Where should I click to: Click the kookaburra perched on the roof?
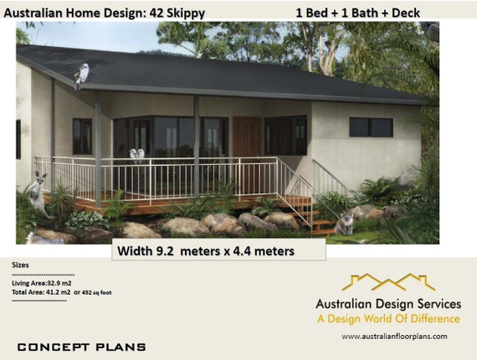coord(81,76)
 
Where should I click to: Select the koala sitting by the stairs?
coord(346,224)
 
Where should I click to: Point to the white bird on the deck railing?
coord(136,155)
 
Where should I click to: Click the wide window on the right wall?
coord(371,127)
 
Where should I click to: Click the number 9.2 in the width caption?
coord(165,251)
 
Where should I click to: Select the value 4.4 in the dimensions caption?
coord(242,251)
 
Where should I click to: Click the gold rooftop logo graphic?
coord(388,282)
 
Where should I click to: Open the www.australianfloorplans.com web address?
coord(394,337)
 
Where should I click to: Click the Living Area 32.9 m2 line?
coord(42,283)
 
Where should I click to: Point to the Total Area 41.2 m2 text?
coord(41,292)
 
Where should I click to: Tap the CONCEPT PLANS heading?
coord(81,347)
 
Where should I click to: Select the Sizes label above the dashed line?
coord(20,265)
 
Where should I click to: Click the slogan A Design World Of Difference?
coord(388,319)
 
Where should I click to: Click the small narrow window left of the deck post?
coord(82,136)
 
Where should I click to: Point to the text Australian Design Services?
coord(388,304)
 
